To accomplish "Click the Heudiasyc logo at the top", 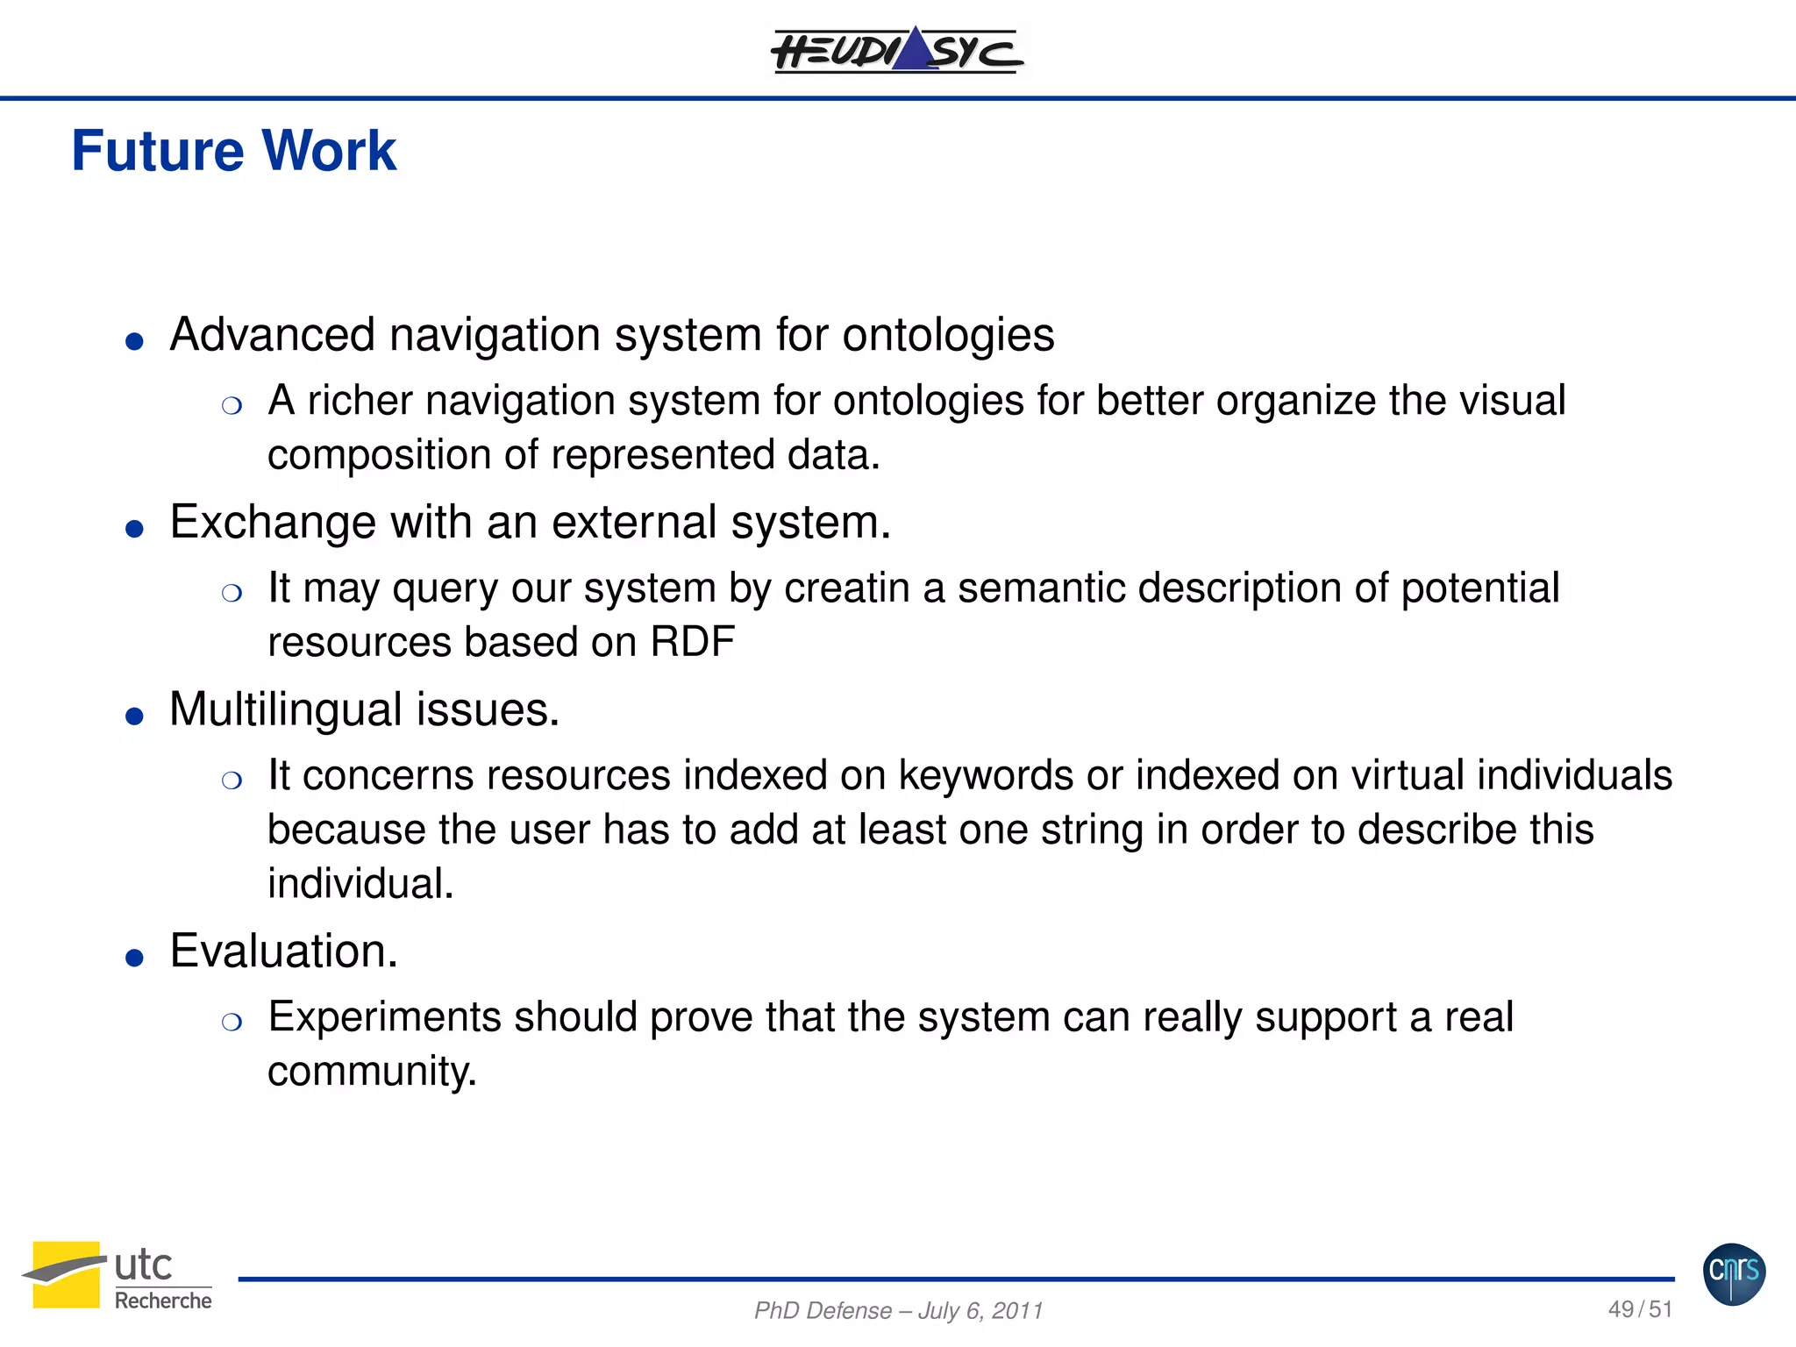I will (x=896, y=50).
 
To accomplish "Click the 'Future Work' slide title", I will (x=233, y=151).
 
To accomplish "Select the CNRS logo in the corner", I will (x=1734, y=1273).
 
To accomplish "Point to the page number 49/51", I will (x=1639, y=1309).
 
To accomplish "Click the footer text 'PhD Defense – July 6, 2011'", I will (x=898, y=1310).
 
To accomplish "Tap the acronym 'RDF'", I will (x=692, y=642).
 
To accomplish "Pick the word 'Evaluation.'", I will (x=283, y=951).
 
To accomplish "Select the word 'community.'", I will (x=372, y=1072).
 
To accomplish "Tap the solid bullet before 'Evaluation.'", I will (x=134, y=958).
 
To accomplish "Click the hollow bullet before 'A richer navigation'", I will (x=232, y=405).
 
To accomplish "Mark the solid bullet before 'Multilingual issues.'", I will (x=134, y=716).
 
